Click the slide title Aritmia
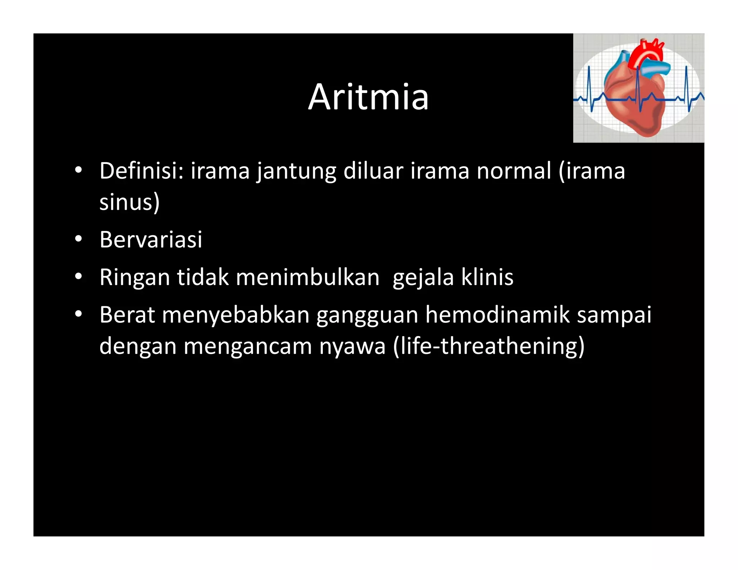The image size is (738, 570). pos(368,97)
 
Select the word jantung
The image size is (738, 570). pos(296,171)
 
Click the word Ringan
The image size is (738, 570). pos(134,277)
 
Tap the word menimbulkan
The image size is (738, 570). pos(308,277)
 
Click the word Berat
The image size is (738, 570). pos(127,315)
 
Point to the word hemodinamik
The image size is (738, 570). pos(497,315)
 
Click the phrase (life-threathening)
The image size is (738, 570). pos(489,346)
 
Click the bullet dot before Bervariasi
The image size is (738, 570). pos(79,240)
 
